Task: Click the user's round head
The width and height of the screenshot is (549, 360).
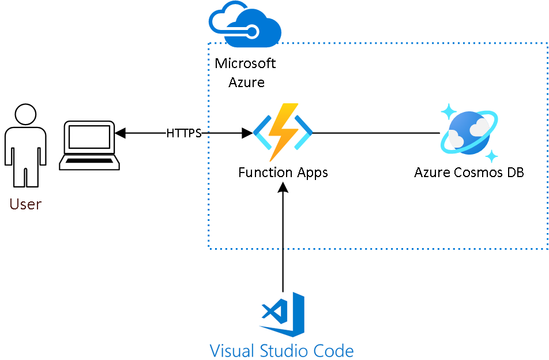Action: tap(25, 114)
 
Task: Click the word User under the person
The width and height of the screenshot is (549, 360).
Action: tap(25, 204)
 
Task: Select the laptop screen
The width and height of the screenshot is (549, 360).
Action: tap(89, 137)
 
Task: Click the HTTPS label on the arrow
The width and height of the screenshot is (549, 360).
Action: tap(184, 133)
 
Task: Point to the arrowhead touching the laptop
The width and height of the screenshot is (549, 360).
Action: tap(120, 133)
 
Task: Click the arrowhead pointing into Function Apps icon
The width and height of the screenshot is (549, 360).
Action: tap(247, 133)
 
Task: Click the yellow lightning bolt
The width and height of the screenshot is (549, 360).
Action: tap(283, 131)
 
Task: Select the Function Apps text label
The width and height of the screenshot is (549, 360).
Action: tap(283, 172)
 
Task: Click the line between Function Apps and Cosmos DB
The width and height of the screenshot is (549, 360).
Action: tap(375, 133)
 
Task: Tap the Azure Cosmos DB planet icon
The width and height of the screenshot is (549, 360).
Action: tap(468, 133)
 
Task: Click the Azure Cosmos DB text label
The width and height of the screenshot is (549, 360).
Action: tap(469, 172)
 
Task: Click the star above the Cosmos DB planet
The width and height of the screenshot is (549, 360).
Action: tap(449, 111)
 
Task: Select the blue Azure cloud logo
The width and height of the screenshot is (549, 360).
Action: tap(245, 24)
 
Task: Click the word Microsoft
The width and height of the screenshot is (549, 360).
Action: tap(245, 63)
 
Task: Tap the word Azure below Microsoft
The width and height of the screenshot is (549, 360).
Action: tap(246, 82)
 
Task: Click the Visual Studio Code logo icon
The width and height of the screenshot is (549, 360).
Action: tap(283, 314)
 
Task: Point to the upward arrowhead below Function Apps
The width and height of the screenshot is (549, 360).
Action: tap(283, 187)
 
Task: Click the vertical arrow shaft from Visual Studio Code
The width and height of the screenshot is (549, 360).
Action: tap(283, 242)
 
